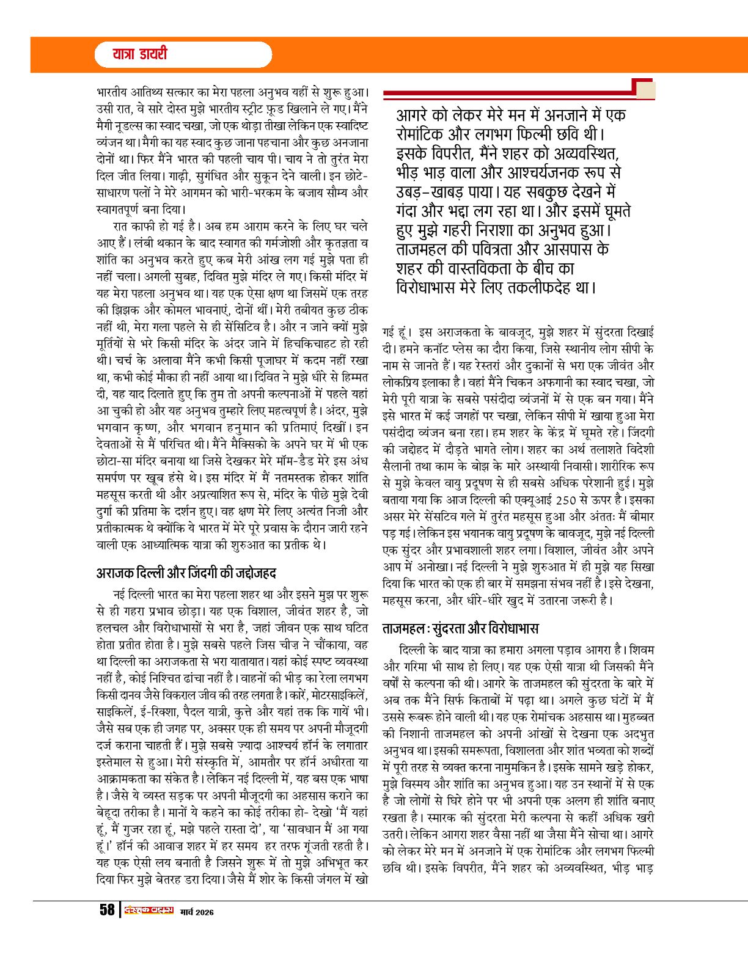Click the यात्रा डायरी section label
[139, 54]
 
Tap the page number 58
[107, 910]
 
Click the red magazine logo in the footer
[148, 911]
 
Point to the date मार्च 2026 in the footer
[197, 912]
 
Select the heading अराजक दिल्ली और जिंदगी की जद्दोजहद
[186, 573]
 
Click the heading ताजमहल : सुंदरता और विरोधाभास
[460, 629]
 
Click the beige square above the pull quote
[645, 90]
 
